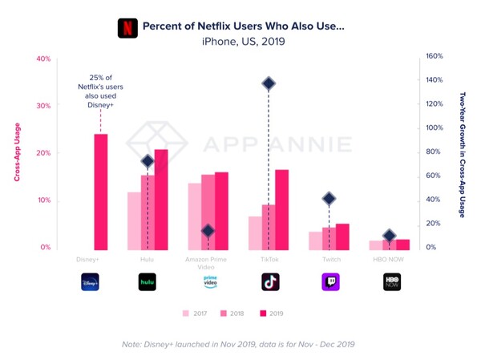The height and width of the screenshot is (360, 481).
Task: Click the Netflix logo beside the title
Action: point(127,28)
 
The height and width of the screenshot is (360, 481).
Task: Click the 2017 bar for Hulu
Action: point(134,221)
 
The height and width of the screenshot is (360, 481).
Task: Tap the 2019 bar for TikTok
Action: point(281,210)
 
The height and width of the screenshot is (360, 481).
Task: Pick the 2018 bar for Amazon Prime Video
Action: point(208,212)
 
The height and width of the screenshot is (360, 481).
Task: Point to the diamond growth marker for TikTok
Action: point(269,83)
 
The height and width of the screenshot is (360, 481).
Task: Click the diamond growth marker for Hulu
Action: point(148,161)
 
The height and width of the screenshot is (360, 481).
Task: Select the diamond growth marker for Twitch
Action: point(329,199)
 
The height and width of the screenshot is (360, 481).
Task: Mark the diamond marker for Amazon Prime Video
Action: point(208,231)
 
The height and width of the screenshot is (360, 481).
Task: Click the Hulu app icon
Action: point(148,281)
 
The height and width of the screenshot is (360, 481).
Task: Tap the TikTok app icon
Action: point(270,281)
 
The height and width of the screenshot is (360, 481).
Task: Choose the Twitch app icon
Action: point(329,281)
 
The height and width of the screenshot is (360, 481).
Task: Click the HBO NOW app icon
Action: point(391,281)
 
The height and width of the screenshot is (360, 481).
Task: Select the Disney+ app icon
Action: point(89,281)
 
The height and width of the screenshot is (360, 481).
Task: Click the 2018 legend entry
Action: point(232,313)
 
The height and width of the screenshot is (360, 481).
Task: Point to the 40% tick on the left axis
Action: point(42,59)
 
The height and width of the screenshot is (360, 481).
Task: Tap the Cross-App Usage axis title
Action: point(17,152)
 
